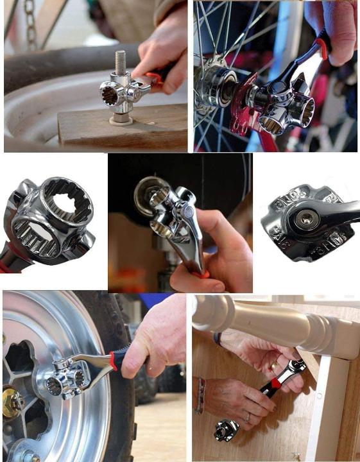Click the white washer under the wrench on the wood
[119, 119]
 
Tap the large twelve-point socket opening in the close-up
[66, 209]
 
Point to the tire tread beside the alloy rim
[119, 411]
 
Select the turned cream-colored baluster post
[270, 318]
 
